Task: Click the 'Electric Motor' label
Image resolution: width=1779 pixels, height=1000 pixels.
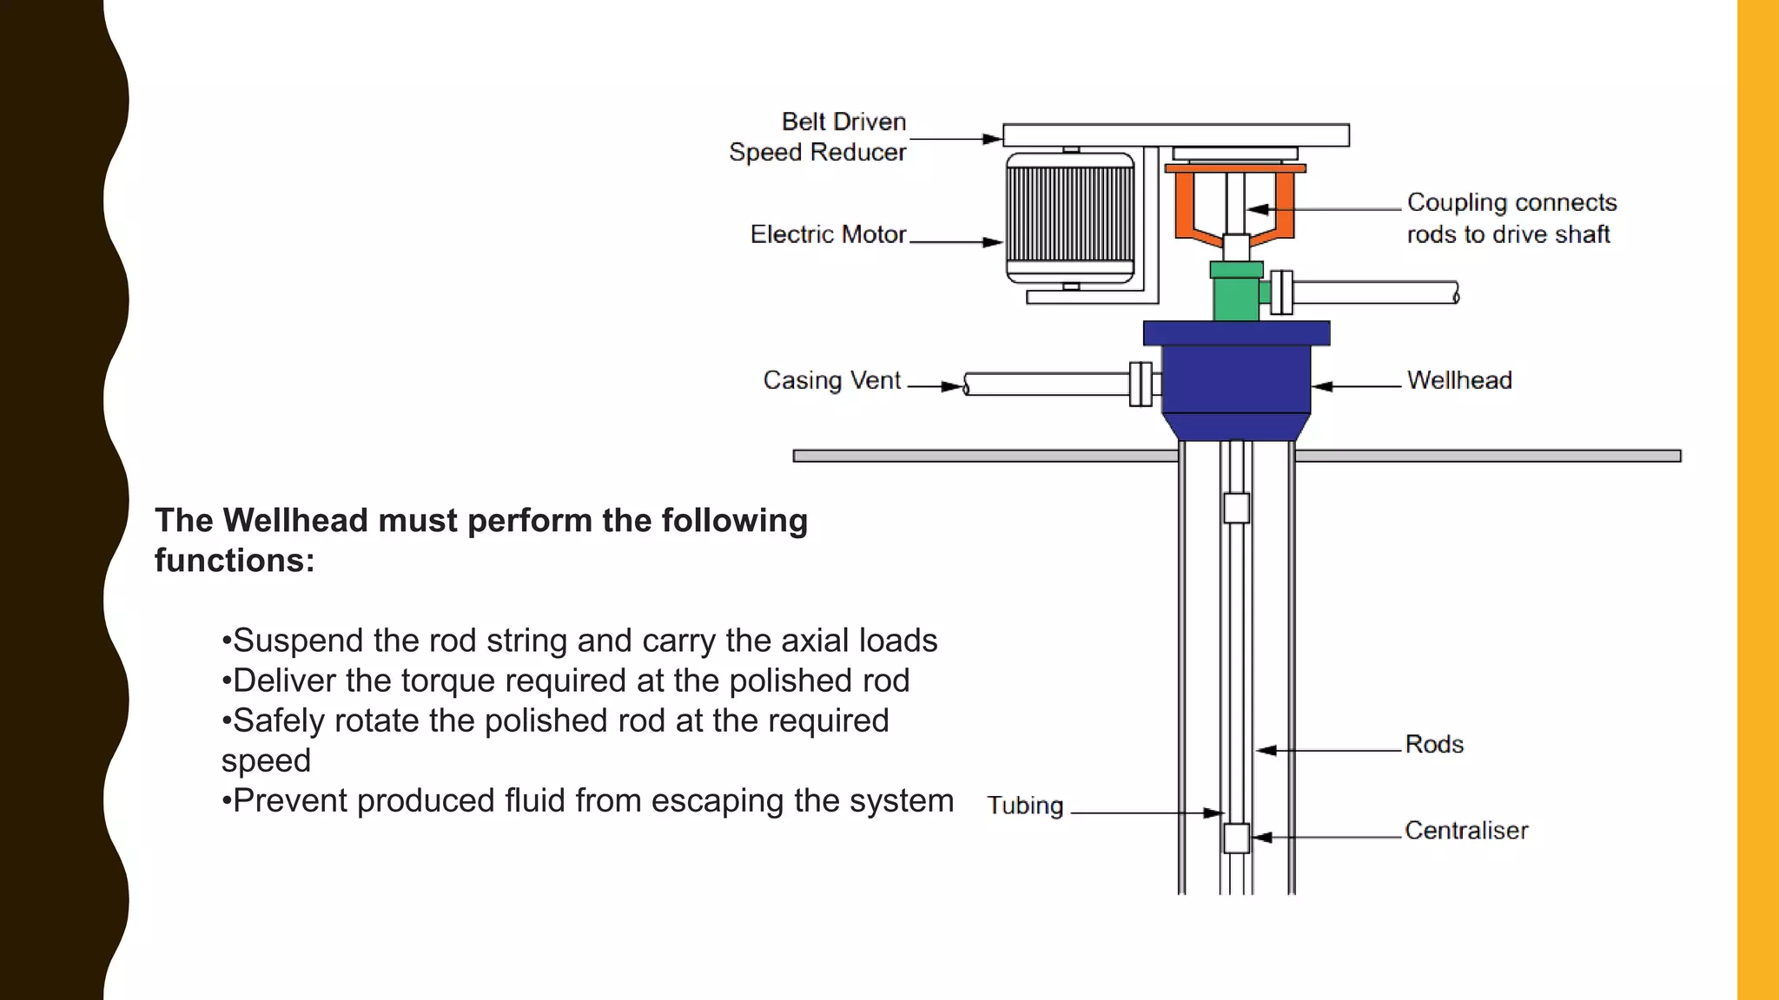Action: tap(828, 234)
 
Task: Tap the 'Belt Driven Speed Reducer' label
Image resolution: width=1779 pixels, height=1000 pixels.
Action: tap(818, 137)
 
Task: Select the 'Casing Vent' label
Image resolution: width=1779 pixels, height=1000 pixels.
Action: tap(831, 380)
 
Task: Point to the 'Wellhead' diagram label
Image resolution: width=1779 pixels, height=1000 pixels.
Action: tap(1459, 380)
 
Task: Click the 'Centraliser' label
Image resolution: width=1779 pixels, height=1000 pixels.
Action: tap(1466, 831)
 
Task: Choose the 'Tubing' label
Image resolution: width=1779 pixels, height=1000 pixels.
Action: tap(1025, 806)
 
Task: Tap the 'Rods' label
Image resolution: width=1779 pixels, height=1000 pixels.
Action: tap(1434, 745)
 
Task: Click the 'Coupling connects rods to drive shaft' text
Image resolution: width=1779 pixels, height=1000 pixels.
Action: tap(1511, 218)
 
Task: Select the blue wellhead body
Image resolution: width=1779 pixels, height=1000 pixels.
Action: tap(1235, 378)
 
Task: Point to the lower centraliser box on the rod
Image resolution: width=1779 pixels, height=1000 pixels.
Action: tap(1236, 838)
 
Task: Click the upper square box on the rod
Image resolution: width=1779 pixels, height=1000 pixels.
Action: tap(1236, 508)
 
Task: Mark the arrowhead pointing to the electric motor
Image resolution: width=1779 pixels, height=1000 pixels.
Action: tap(993, 242)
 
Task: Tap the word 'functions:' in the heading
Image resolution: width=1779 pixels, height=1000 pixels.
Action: tap(235, 561)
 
